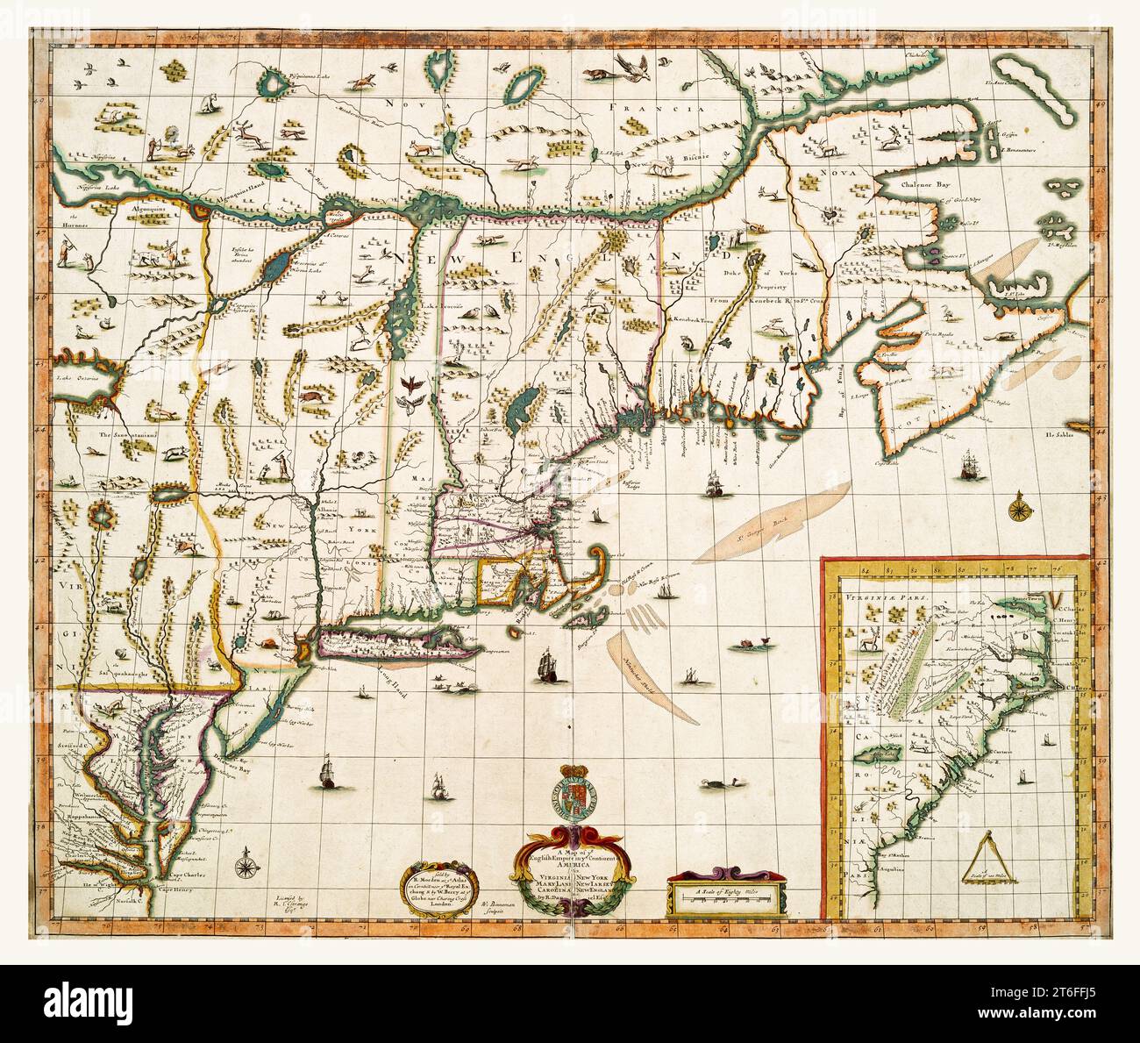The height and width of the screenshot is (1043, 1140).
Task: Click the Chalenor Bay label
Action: (x=932, y=186)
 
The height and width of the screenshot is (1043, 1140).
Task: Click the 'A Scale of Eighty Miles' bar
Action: (x=723, y=894)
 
